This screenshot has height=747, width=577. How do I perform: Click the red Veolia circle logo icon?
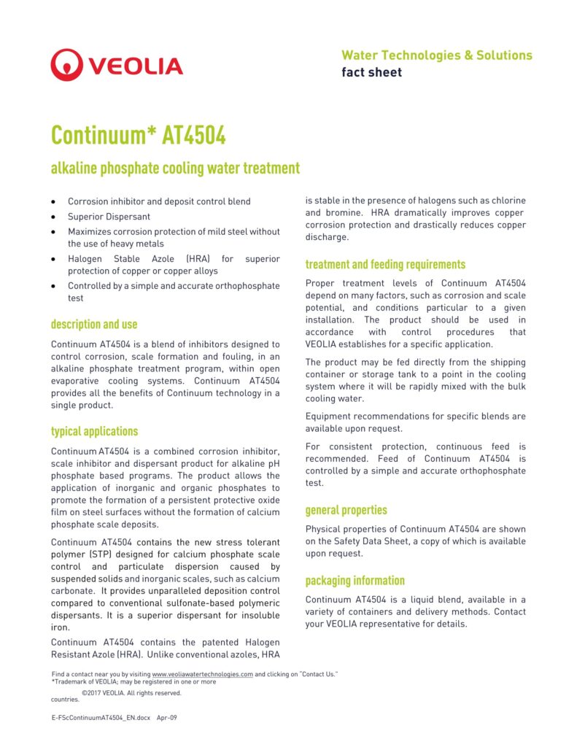(x=66, y=65)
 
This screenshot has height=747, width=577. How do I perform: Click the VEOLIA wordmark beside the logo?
(x=135, y=66)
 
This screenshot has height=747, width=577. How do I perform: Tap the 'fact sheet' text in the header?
(x=371, y=72)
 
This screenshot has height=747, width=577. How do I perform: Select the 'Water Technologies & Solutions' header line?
(x=436, y=55)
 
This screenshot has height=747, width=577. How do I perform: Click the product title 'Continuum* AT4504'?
(x=138, y=136)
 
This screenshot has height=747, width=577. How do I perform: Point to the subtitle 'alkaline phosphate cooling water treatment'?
(x=175, y=169)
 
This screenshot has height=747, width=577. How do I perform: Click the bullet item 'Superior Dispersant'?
(x=109, y=217)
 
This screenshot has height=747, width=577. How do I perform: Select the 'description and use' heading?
(x=94, y=325)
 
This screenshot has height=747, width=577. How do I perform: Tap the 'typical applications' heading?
(x=94, y=431)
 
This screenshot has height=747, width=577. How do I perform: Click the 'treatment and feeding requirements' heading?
(x=385, y=265)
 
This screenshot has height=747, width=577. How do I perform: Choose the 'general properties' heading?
(x=346, y=510)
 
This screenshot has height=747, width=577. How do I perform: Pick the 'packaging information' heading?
(x=355, y=581)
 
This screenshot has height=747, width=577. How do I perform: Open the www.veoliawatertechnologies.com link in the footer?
(x=202, y=675)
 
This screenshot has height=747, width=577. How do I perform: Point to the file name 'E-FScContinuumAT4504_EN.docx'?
(x=101, y=718)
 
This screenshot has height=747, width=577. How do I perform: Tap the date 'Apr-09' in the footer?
(x=167, y=718)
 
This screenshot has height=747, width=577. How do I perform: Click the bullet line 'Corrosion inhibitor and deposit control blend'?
(x=159, y=201)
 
